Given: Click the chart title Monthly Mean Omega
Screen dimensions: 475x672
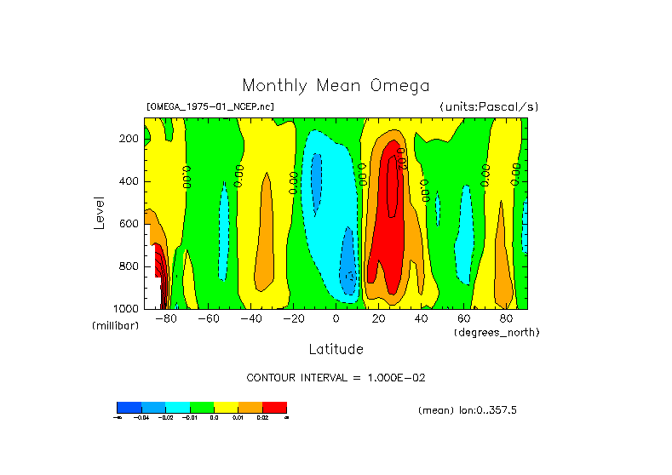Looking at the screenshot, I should tap(336, 86).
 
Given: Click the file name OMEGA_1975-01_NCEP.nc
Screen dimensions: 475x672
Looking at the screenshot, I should tap(210, 107).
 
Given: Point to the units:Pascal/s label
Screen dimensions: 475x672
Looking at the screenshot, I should tap(489, 107).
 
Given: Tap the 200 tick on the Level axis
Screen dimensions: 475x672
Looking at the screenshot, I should tap(129, 139).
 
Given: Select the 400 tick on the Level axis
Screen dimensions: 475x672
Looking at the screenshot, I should tap(129, 181).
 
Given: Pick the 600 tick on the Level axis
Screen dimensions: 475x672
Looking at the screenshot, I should tap(129, 224).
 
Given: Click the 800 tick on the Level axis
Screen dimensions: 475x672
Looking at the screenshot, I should tap(129, 266).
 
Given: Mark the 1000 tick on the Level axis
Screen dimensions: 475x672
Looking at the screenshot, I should tap(127, 308).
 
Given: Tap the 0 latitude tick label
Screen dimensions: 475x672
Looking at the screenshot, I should tap(336, 319).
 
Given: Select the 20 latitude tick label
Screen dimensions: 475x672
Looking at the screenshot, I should tap(378, 319).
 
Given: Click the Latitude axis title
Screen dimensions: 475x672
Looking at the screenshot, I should tap(336, 349).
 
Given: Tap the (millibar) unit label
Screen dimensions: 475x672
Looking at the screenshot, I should tap(116, 327).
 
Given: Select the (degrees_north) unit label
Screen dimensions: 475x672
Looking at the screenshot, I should tap(497, 332).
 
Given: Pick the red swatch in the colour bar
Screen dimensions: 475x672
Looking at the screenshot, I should tap(274, 408).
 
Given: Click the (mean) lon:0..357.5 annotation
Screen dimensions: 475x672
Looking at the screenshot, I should tap(468, 410).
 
